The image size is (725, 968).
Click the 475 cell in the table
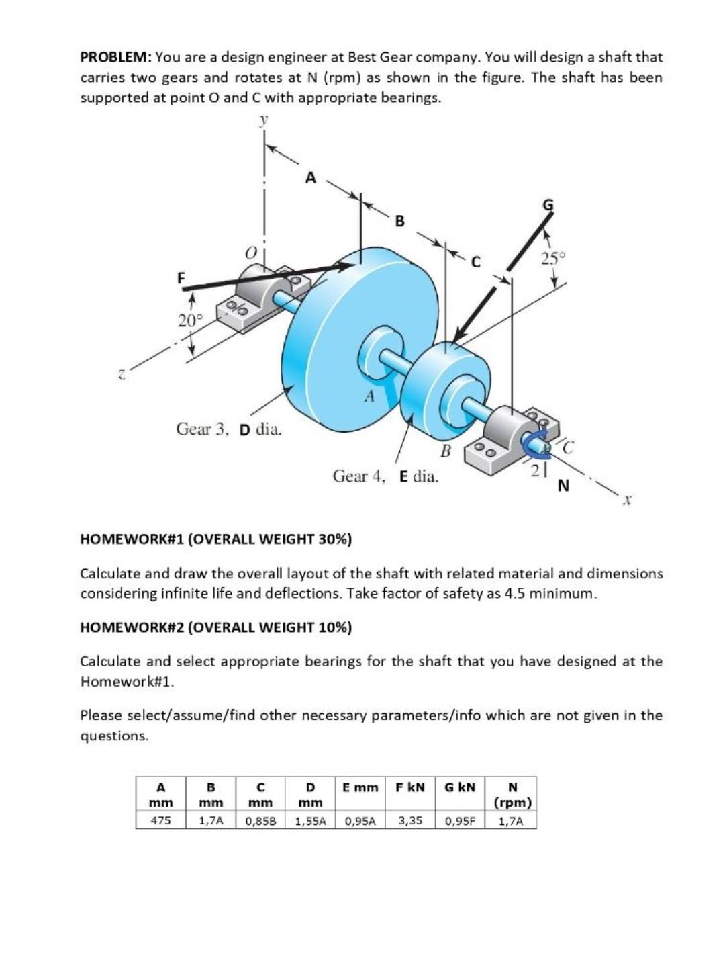pyautogui.click(x=160, y=820)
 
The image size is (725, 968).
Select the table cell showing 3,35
pyautogui.click(x=409, y=820)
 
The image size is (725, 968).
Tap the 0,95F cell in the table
pyautogui.click(x=460, y=820)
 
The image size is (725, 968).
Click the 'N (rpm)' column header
pyautogui.click(x=513, y=794)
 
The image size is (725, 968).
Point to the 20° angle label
pyautogui.click(x=189, y=320)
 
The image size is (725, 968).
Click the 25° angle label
pyautogui.click(x=554, y=257)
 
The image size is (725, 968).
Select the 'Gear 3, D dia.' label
pyautogui.click(x=228, y=429)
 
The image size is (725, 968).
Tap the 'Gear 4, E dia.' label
pyautogui.click(x=385, y=477)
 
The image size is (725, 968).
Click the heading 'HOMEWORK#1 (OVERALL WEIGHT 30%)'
pyautogui.click(x=215, y=539)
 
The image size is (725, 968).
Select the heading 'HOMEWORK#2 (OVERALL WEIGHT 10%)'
pyautogui.click(x=215, y=627)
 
